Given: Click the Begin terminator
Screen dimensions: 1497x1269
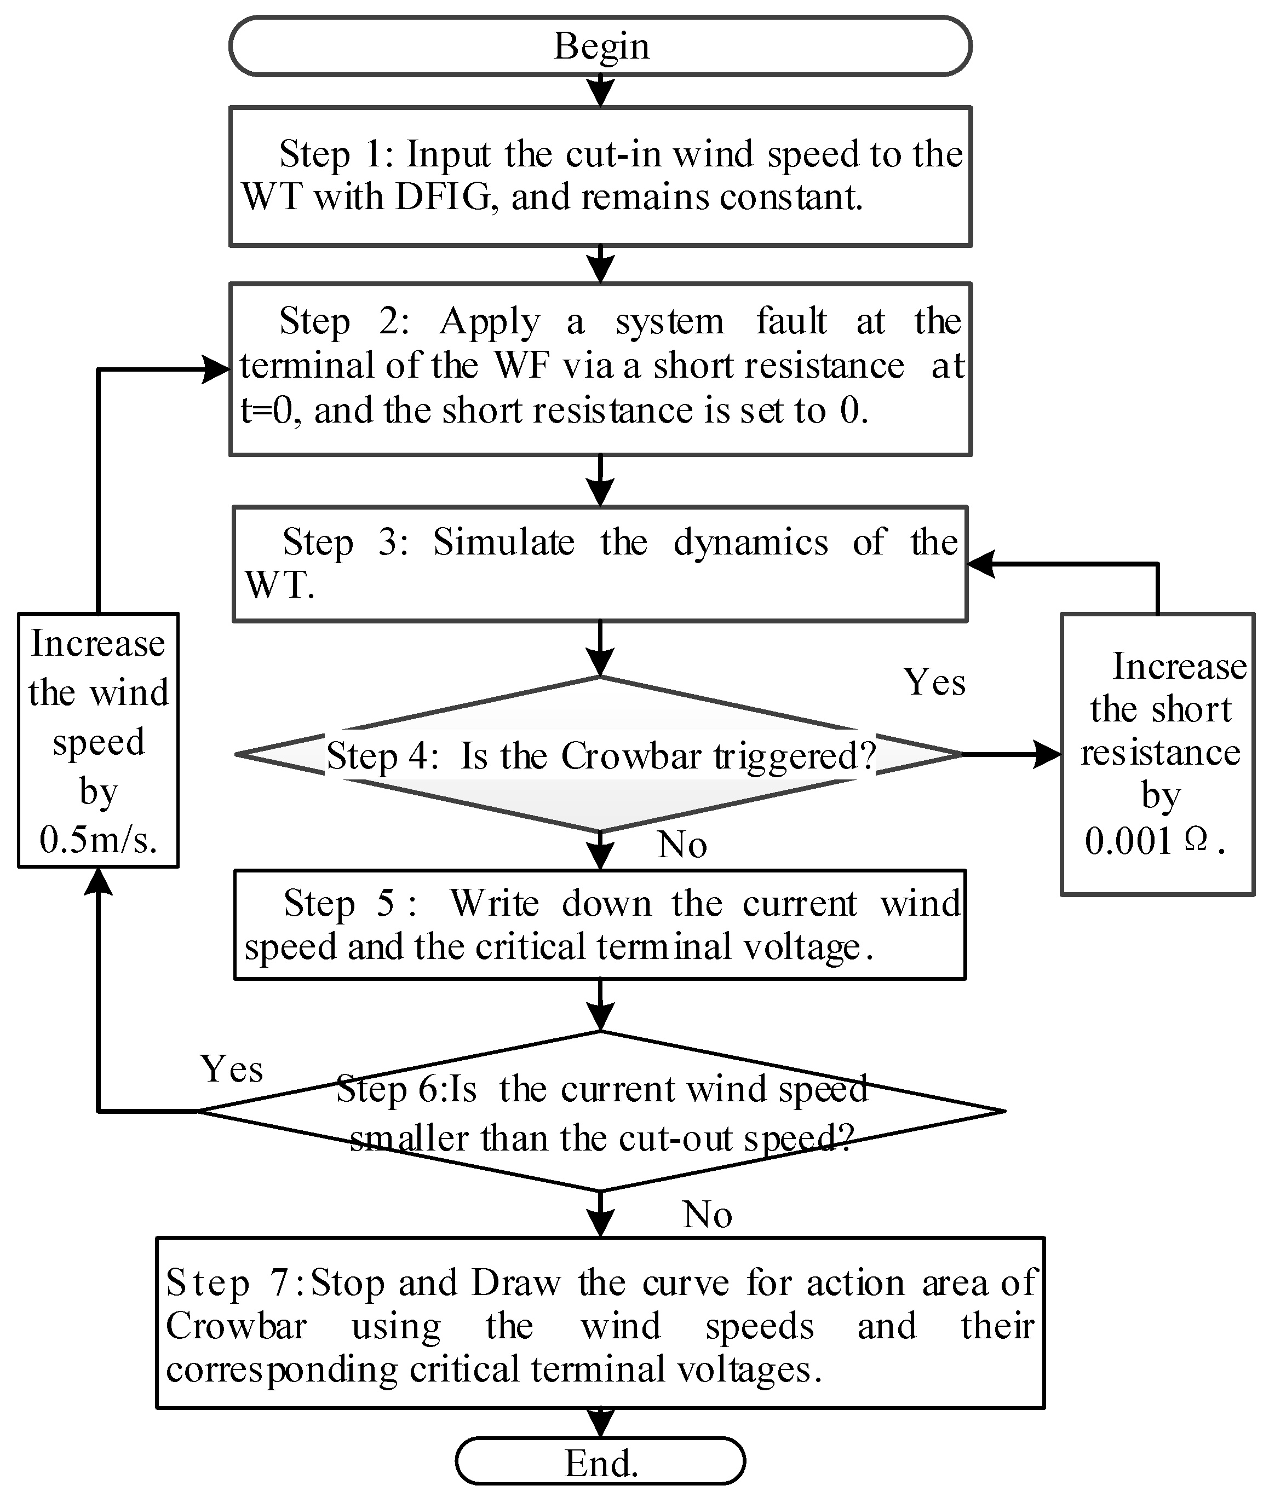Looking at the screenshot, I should (x=601, y=46).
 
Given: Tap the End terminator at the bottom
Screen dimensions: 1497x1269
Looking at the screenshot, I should (x=601, y=1463).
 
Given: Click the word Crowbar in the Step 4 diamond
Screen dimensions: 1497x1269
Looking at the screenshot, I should (x=631, y=756).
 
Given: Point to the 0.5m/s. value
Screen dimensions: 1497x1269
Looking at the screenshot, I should (x=98, y=839).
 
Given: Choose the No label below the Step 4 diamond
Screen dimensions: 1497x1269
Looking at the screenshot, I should (x=682, y=845).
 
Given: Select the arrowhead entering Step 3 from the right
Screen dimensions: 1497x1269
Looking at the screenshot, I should (x=980, y=564).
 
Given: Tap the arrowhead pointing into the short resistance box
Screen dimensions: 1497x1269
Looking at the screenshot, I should (x=1047, y=754).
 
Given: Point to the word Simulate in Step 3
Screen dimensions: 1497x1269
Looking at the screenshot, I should (x=503, y=542).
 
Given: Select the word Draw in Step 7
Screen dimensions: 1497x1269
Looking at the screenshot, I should (x=516, y=1283).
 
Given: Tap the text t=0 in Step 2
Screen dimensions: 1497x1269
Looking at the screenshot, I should (x=266, y=411).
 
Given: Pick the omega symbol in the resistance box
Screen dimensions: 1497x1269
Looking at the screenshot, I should (x=1195, y=840).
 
